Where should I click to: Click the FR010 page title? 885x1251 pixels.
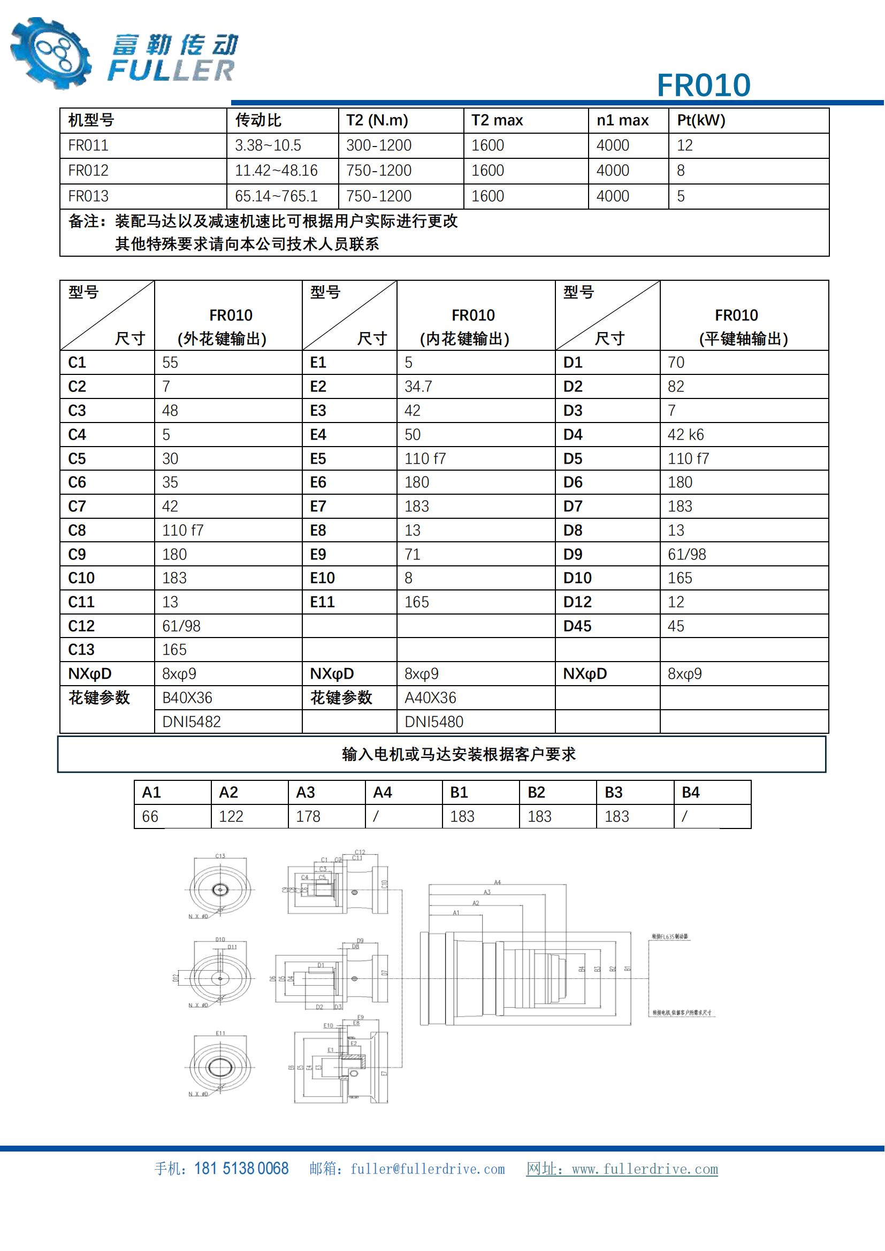tap(703, 86)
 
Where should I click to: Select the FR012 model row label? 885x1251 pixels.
tap(88, 171)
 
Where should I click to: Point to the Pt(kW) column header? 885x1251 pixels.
tap(701, 120)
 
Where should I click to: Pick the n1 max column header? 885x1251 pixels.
tap(622, 120)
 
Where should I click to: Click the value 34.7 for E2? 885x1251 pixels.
tap(418, 386)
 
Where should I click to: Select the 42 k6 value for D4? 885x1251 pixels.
tap(685, 434)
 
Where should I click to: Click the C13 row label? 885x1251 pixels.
tap(81, 649)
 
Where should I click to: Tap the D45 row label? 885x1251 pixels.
tap(577, 626)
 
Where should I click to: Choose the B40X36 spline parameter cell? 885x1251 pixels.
tap(187, 697)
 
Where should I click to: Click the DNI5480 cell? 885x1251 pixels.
tap(434, 722)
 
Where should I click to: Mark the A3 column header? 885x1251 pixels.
tap(306, 792)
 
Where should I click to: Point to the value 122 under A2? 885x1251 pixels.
tap(231, 816)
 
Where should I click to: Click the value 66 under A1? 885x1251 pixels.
tap(150, 816)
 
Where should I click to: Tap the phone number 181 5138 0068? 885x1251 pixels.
tap(241, 1169)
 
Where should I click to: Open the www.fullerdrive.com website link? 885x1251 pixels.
tap(645, 1169)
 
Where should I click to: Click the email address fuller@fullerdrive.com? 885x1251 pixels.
tap(427, 1169)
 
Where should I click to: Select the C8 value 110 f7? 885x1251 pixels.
tap(182, 530)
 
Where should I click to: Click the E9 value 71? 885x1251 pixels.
tap(413, 554)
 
